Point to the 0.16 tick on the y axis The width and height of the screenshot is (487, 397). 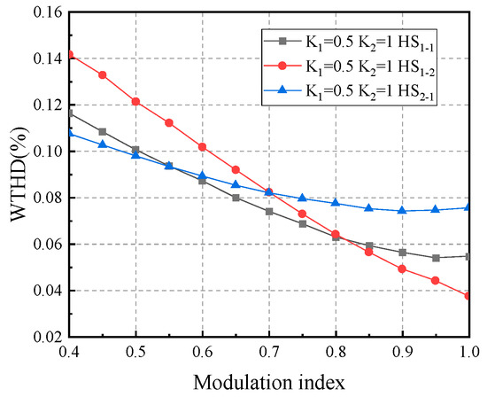pyautogui.click(x=43, y=12)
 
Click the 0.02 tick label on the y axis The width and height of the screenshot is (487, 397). pyautogui.click(x=43, y=337)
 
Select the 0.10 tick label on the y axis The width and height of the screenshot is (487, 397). pyautogui.click(x=43, y=152)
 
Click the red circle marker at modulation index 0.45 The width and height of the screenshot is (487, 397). pyautogui.click(x=103, y=74)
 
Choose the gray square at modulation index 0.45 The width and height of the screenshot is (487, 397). pyautogui.click(x=103, y=131)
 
